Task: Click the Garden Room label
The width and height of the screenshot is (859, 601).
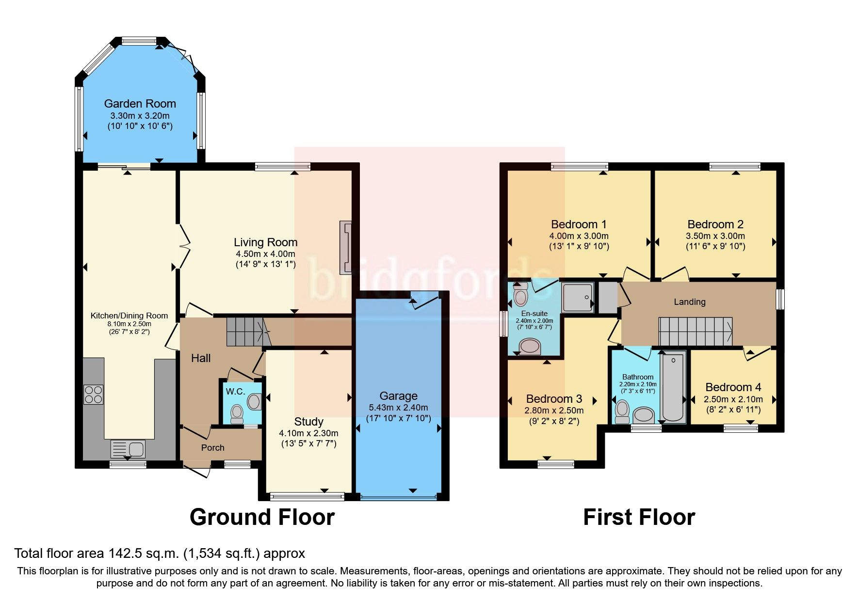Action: click(140, 104)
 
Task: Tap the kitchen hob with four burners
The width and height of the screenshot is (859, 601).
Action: click(93, 394)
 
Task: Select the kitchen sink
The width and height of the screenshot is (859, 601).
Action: click(128, 449)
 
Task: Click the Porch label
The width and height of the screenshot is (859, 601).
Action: click(212, 448)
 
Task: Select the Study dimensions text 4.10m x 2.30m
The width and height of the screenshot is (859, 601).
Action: click(308, 433)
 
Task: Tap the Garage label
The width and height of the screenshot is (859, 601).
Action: click(398, 396)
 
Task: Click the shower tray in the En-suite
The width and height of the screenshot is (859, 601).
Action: click(578, 297)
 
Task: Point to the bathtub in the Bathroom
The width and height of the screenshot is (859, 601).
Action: click(673, 388)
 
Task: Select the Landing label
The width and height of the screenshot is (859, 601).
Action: click(689, 302)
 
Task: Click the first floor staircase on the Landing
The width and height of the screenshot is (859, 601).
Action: click(695, 332)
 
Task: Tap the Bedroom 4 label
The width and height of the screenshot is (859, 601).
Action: click(733, 387)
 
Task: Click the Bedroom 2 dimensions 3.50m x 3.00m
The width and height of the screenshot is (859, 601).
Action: click(715, 236)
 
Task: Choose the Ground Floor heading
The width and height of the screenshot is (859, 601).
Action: click(262, 517)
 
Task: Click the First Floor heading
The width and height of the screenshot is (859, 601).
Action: click(639, 517)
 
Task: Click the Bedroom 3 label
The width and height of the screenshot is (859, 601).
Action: click(554, 399)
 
